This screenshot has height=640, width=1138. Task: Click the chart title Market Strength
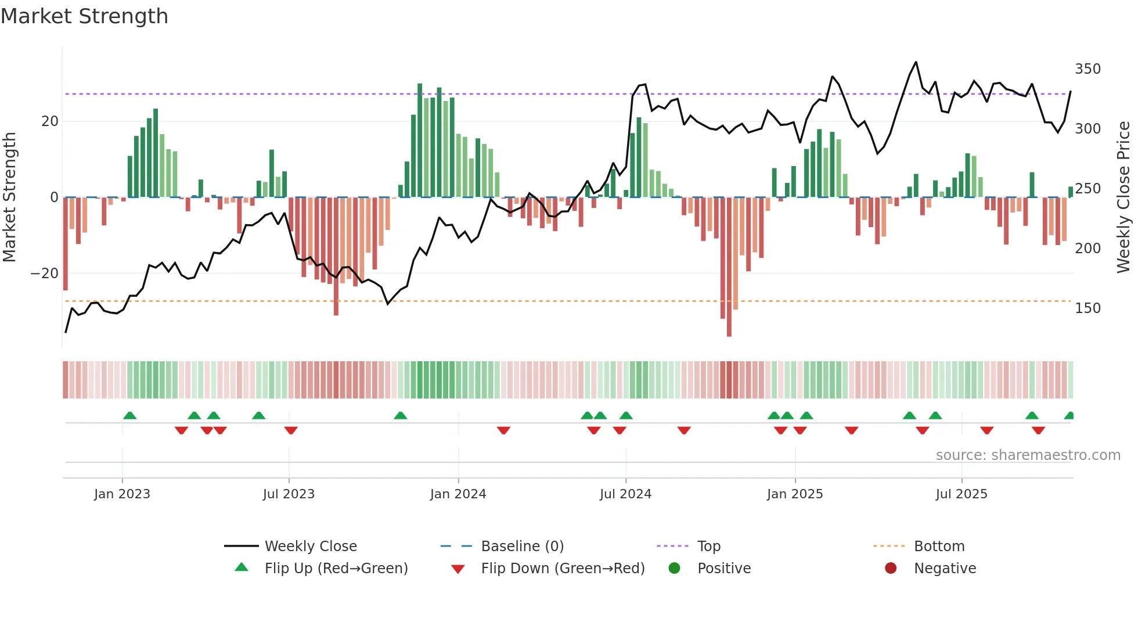(84, 16)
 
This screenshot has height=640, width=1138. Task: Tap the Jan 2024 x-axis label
(458, 494)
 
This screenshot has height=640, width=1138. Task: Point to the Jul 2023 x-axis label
(289, 494)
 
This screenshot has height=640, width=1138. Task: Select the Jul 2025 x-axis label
(961, 494)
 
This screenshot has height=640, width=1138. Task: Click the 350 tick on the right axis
(1087, 69)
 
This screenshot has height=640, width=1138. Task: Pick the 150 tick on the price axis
(1087, 308)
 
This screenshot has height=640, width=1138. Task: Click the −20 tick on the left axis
(45, 274)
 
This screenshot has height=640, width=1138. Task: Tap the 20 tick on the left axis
(50, 121)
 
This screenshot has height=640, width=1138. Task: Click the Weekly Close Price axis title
(1123, 197)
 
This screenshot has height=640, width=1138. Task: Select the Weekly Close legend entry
(311, 546)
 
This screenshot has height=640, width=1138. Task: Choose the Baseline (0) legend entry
(522, 546)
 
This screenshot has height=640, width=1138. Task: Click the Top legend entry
(708, 546)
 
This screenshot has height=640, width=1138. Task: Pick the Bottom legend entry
(939, 546)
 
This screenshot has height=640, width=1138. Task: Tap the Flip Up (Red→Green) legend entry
(336, 569)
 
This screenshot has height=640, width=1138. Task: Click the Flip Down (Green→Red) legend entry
(563, 569)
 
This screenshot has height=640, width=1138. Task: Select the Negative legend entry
(945, 569)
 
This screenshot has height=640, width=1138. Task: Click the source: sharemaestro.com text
(1028, 455)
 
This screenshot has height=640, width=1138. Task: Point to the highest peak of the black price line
(916, 62)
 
